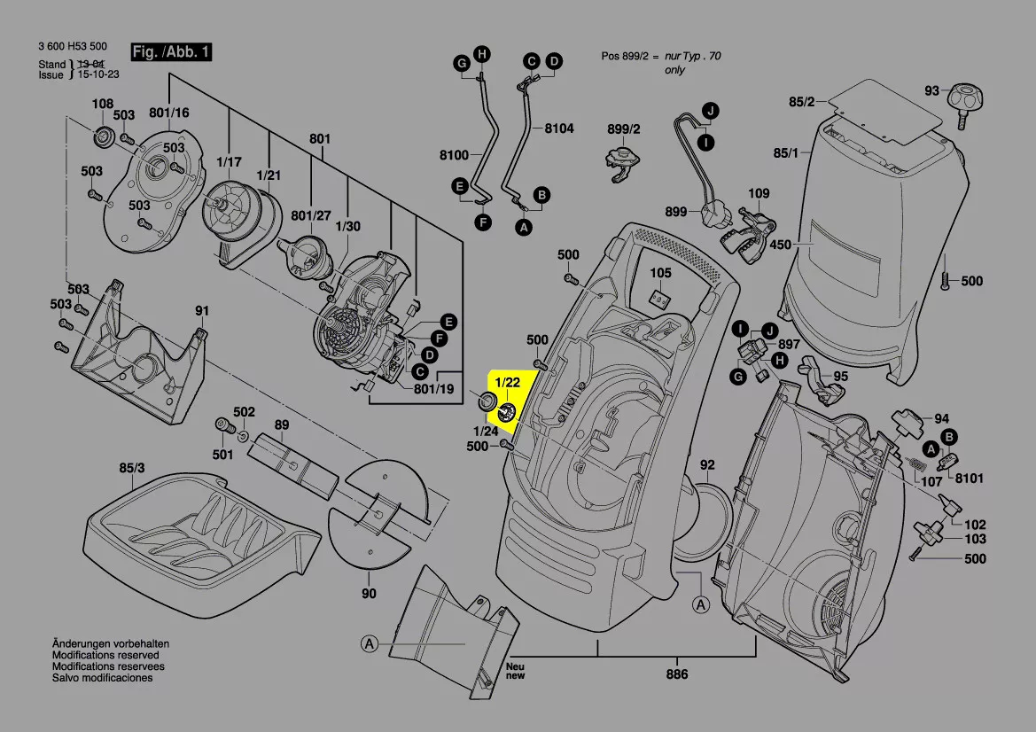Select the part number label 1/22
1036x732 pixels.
click(x=508, y=382)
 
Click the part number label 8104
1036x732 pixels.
click(x=558, y=128)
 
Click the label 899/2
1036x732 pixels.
click(x=623, y=129)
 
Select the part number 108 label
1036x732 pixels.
click(x=103, y=104)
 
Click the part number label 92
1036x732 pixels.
click(x=707, y=464)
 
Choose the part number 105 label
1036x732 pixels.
click(x=661, y=273)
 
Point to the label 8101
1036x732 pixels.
click(x=970, y=478)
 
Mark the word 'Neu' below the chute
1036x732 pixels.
click(x=515, y=666)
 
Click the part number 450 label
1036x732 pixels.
click(x=780, y=244)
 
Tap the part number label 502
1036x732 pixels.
click(x=244, y=412)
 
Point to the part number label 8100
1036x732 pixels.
click(x=454, y=156)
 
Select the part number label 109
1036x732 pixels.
click(x=759, y=193)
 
